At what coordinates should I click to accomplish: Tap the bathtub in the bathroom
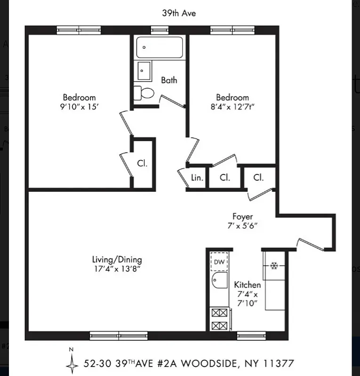click(160, 48)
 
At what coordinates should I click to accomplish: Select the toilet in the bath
click(144, 93)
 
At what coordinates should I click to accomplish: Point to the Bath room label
click(169, 80)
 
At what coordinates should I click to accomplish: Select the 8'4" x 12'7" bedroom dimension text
click(233, 107)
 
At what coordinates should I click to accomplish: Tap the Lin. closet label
click(197, 178)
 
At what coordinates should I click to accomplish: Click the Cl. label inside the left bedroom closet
click(142, 164)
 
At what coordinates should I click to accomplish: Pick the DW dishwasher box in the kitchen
click(219, 262)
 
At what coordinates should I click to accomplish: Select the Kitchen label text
click(247, 285)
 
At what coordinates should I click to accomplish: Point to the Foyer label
click(242, 216)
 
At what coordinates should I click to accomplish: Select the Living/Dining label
click(117, 259)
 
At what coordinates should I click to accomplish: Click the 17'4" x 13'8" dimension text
click(117, 269)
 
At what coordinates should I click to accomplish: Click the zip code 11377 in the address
click(280, 363)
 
